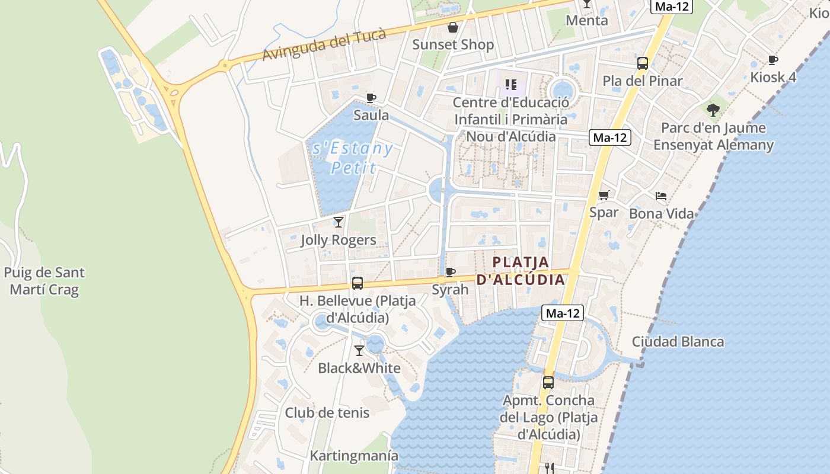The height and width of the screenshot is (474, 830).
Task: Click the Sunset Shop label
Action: click(453, 44)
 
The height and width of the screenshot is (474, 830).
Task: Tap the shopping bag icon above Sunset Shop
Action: click(453, 27)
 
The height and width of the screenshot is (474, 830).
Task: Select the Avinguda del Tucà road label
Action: click(324, 44)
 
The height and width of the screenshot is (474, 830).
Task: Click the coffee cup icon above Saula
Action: click(371, 98)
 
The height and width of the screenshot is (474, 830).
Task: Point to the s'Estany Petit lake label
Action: click(353, 158)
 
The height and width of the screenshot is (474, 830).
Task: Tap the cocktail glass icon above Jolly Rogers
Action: click(339, 222)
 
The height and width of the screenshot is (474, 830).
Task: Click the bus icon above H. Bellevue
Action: click(357, 283)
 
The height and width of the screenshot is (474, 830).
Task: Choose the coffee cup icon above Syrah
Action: click(451, 273)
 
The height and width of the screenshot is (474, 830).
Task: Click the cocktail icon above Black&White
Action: click(359, 351)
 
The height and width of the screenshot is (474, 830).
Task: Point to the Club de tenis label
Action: click(327, 412)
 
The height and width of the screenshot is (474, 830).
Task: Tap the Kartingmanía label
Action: click(354, 456)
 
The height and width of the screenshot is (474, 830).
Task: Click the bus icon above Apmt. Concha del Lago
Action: click(548, 383)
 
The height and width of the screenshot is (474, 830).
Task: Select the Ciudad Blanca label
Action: click(678, 341)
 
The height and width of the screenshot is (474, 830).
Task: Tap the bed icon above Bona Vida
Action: click(661, 196)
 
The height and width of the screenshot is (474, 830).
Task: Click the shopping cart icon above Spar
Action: click(604, 195)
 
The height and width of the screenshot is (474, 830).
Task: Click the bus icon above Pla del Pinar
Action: click(643, 63)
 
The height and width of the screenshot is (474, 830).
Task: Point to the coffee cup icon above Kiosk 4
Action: click(773, 60)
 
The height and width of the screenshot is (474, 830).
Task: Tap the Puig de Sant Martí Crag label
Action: click(44, 281)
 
